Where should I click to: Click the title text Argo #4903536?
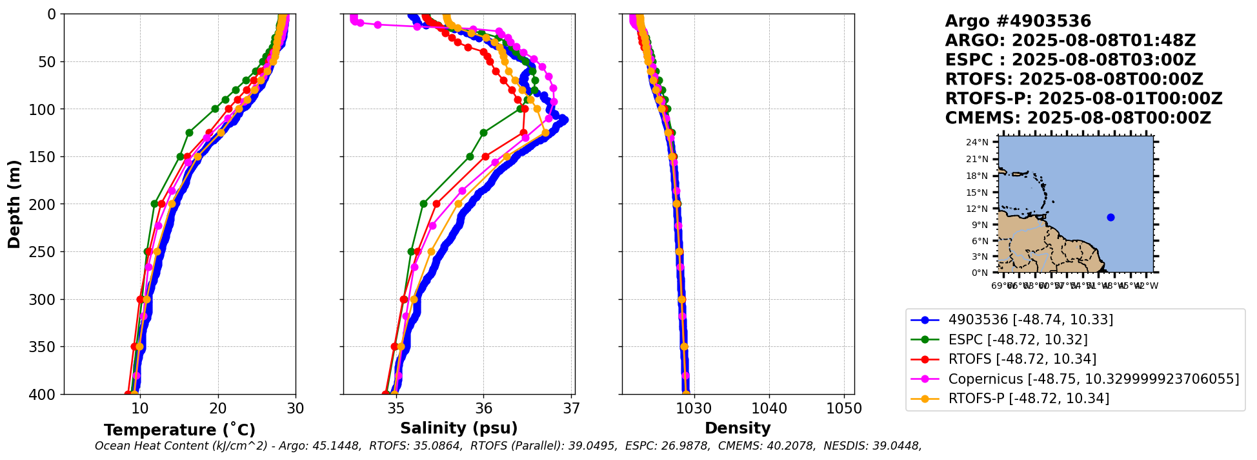pos(1018,21)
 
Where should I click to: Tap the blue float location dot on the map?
pos(1111,217)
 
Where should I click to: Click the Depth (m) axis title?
pos(14,204)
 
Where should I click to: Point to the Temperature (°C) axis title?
pos(179,430)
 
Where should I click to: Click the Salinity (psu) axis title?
pos(459,428)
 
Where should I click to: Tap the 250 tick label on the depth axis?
pos(45,251)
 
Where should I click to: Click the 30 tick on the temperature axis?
pos(296,408)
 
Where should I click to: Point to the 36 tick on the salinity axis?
pos(484,408)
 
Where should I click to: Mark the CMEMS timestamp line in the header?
pos(1078,118)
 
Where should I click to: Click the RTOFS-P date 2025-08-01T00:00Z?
pos(1130,99)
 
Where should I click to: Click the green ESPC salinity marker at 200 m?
pos(423,204)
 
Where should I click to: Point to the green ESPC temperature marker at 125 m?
pos(189,132)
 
